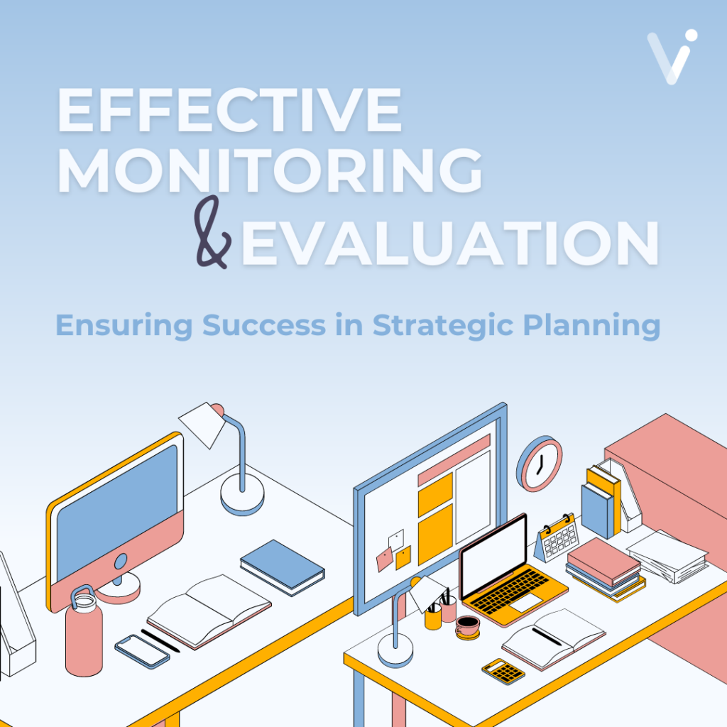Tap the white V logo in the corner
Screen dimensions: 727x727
(672, 57)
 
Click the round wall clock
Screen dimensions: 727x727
(539, 463)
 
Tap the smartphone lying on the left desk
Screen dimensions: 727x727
(142, 650)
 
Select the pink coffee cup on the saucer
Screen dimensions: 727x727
(467, 624)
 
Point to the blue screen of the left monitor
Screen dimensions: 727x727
(115, 506)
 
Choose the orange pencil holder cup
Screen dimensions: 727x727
(433, 618)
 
